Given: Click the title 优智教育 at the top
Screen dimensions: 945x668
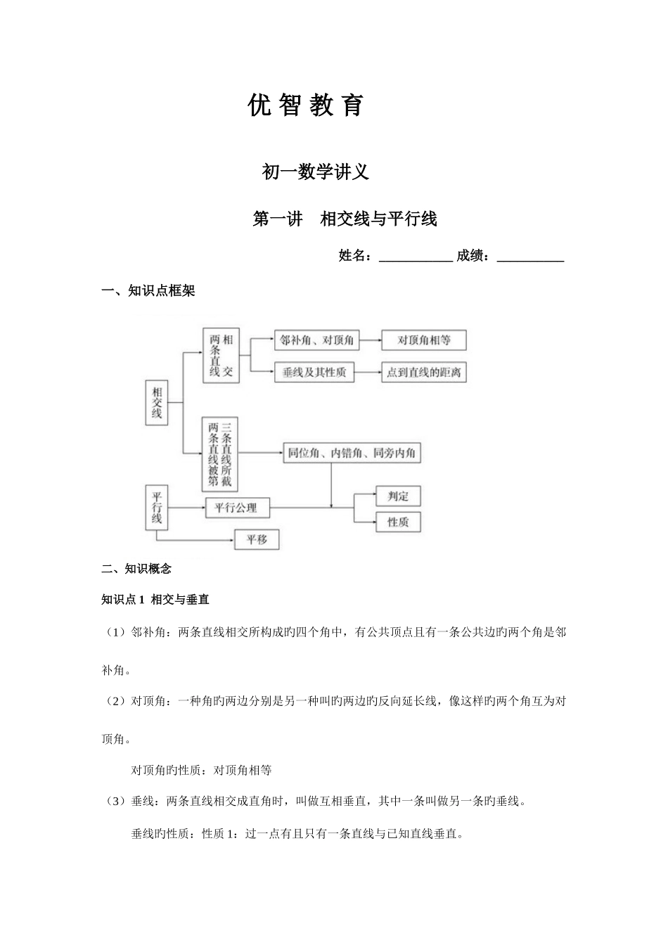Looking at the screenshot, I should (x=307, y=105).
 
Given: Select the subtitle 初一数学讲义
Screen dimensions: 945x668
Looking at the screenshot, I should (x=315, y=172).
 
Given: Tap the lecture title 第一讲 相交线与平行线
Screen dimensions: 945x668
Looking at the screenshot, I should (x=345, y=219).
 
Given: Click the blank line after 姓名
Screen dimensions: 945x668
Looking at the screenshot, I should (x=416, y=257).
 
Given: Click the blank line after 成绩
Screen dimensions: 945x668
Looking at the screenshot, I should (x=530, y=257).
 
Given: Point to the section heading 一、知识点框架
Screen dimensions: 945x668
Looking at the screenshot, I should (x=148, y=291).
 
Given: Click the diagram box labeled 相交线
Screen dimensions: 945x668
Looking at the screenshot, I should (x=157, y=403).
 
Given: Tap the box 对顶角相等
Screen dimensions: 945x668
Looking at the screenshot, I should (x=424, y=341).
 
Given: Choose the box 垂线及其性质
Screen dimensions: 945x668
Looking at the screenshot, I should (x=314, y=373).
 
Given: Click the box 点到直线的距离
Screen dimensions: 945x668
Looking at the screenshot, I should (x=424, y=373).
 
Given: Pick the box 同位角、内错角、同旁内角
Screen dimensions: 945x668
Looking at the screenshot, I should (x=352, y=454).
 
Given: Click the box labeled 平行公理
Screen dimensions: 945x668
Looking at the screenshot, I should (x=236, y=507).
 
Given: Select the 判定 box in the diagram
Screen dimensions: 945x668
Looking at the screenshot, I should (x=398, y=496).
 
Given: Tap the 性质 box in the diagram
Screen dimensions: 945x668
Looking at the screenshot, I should (x=398, y=522).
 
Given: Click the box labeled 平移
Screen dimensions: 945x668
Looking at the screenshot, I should (x=257, y=540).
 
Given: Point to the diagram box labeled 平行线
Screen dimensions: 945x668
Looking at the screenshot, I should (x=157, y=508).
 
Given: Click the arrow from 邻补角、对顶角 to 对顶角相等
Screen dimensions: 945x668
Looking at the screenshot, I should (x=369, y=341).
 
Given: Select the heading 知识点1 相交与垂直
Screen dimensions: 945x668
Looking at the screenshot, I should (x=155, y=600).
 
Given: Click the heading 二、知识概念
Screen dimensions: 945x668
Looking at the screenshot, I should (x=136, y=569).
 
